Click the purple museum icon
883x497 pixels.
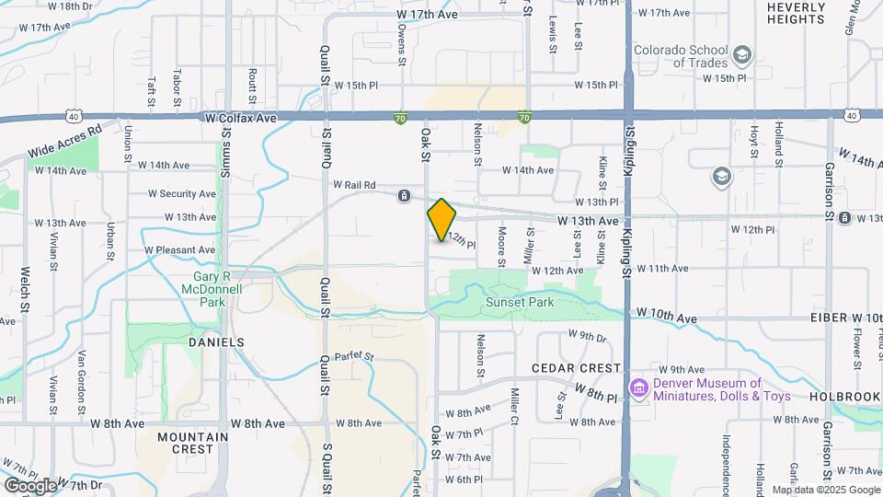pos(638,389)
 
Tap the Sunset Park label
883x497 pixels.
pos(521,302)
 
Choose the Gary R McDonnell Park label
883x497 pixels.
pos(204,288)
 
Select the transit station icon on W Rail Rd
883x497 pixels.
pos(404,196)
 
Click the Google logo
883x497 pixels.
pos(29,485)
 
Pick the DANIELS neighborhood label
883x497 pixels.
pos(216,341)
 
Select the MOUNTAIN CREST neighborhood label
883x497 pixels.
pos(191,444)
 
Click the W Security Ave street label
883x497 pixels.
pos(182,194)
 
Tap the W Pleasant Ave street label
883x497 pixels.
pos(180,250)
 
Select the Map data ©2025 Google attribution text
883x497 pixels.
pos(825,490)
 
